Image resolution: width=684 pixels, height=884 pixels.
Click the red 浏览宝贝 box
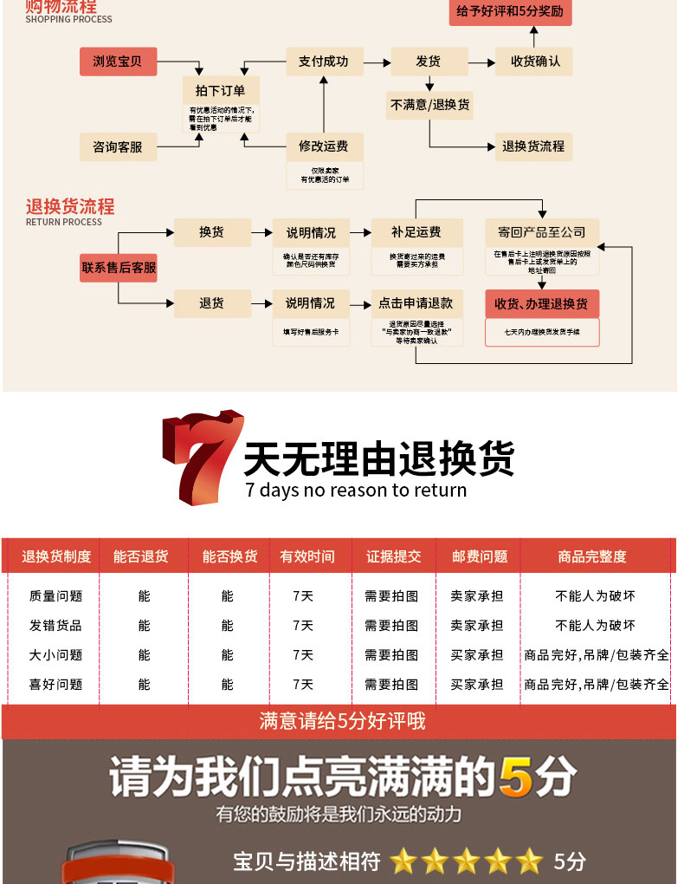point(118,62)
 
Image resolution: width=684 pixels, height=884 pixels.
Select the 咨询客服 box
point(118,146)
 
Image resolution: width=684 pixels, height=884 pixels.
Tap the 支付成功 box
point(323,62)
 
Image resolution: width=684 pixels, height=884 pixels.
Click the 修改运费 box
point(323,146)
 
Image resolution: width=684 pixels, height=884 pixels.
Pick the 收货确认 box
point(533,62)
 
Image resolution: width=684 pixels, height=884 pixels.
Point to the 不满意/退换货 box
point(429,105)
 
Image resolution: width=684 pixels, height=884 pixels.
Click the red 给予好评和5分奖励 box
point(510,12)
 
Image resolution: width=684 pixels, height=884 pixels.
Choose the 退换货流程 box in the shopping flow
point(533,146)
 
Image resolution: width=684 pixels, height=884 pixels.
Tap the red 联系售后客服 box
point(119,268)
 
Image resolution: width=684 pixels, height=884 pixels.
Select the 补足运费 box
point(416,232)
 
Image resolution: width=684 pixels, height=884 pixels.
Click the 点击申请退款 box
point(416,303)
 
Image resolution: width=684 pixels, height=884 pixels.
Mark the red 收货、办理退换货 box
point(541,303)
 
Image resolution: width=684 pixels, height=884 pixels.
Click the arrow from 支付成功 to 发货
point(376,62)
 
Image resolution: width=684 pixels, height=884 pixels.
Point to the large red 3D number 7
point(198,454)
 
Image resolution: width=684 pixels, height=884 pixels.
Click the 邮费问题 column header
point(479,556)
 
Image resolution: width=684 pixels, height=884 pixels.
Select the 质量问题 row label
point(55,596)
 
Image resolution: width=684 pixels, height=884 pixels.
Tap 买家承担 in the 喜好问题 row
point(476,685)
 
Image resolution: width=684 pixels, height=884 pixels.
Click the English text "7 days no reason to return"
point(356,491)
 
